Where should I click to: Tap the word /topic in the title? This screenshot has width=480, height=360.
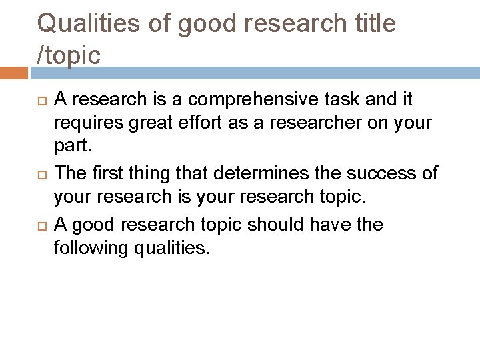69,55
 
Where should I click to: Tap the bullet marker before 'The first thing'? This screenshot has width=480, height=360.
38,175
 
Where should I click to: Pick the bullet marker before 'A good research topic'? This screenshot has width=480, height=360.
38,226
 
